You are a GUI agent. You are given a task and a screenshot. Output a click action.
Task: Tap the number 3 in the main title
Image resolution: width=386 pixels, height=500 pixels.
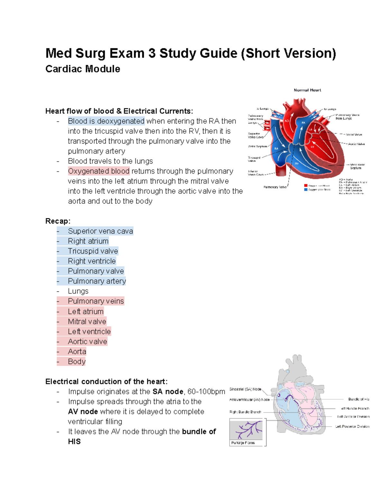[152, 53]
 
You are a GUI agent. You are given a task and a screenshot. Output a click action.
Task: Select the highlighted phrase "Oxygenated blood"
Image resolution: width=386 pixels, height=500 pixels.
[99, 171]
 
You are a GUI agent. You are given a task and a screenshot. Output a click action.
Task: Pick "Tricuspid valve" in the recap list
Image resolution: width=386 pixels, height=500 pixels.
[93, 251]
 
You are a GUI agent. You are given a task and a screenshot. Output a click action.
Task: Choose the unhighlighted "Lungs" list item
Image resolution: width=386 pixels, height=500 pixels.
[78, 291]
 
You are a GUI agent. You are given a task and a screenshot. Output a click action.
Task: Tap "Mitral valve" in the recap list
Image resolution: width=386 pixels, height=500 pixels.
[87, 321]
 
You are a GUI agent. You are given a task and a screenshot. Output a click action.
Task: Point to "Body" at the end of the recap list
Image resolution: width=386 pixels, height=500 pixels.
[77, 362]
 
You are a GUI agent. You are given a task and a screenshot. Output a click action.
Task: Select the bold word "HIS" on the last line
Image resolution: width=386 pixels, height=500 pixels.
[74, 442]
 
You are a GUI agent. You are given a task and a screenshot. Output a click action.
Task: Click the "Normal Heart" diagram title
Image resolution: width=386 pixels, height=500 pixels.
[307, 90]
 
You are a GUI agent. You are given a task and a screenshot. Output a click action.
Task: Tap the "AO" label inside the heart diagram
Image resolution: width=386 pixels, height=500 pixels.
[287, 121]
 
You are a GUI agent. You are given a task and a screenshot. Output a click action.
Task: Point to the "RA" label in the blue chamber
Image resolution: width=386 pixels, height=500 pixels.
[276, 148]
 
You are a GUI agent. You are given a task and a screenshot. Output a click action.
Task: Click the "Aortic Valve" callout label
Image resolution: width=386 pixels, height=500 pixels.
[356, 144]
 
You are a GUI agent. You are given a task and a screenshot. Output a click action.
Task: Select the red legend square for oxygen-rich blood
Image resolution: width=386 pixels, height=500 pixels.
[306, 186]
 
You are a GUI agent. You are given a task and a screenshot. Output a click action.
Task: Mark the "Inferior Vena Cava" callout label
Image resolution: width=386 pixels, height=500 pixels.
[255, 173]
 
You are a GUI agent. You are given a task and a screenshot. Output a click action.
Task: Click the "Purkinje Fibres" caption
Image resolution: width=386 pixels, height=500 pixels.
[243, 443]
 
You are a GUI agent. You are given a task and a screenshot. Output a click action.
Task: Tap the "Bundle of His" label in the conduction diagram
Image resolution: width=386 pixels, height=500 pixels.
[359, 399]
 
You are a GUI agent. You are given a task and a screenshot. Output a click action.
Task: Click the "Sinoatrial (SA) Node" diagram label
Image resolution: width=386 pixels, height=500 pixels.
[245, 389]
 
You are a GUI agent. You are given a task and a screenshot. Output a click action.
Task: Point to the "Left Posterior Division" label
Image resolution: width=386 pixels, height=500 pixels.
[352, 427]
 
